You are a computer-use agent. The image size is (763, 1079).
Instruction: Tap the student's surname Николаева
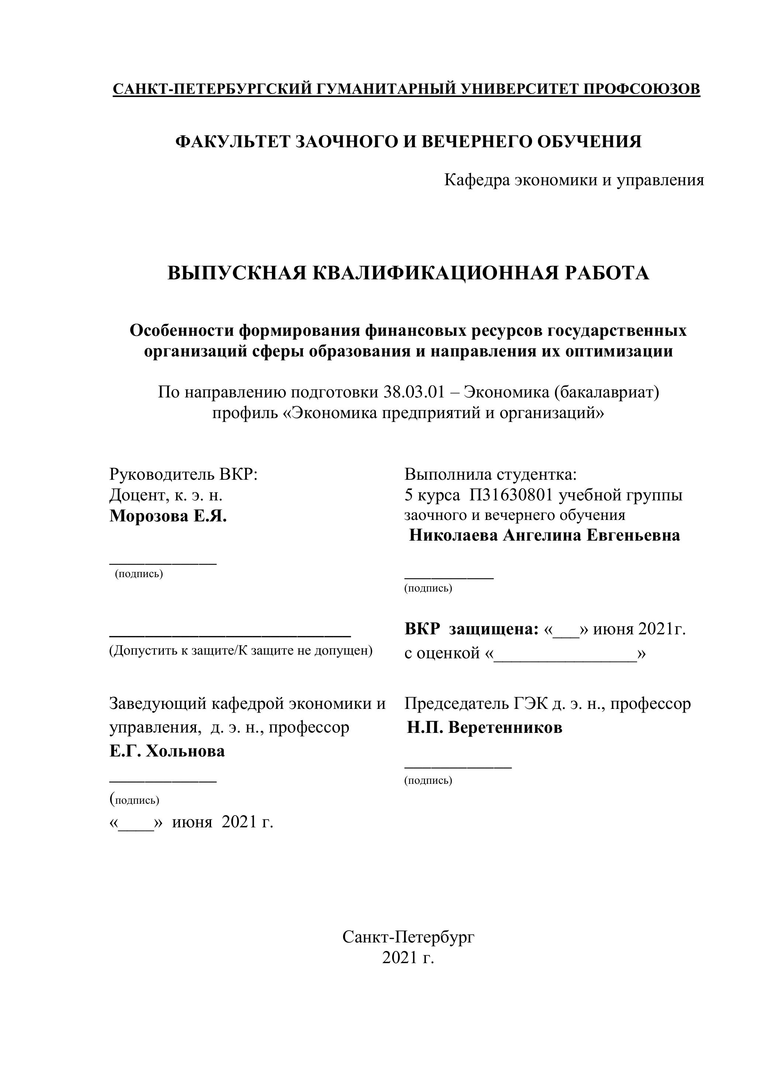tap(453, 535)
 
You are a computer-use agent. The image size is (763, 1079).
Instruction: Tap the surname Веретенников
tap(505, 728)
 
